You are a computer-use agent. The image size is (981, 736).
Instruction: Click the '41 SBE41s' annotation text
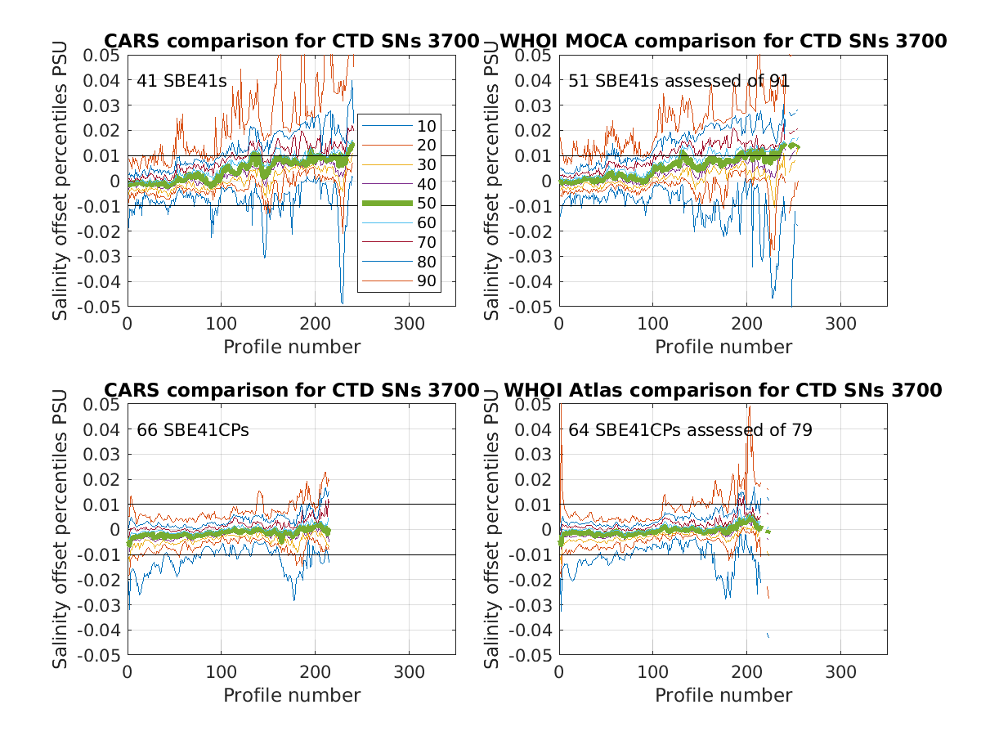point(181,80)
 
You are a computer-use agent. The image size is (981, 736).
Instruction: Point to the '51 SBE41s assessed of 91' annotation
point(679,80)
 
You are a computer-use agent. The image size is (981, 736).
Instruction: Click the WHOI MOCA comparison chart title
point(723,41)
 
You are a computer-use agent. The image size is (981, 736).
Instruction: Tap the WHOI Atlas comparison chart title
point(723,390)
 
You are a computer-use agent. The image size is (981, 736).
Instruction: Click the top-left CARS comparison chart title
point(291,41)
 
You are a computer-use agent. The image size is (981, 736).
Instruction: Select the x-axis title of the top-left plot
point(292,347)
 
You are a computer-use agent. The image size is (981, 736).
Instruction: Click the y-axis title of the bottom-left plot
point(60,529)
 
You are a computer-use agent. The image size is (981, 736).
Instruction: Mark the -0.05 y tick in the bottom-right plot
point(533,655)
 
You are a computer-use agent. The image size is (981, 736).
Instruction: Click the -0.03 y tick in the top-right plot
point(533,256)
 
